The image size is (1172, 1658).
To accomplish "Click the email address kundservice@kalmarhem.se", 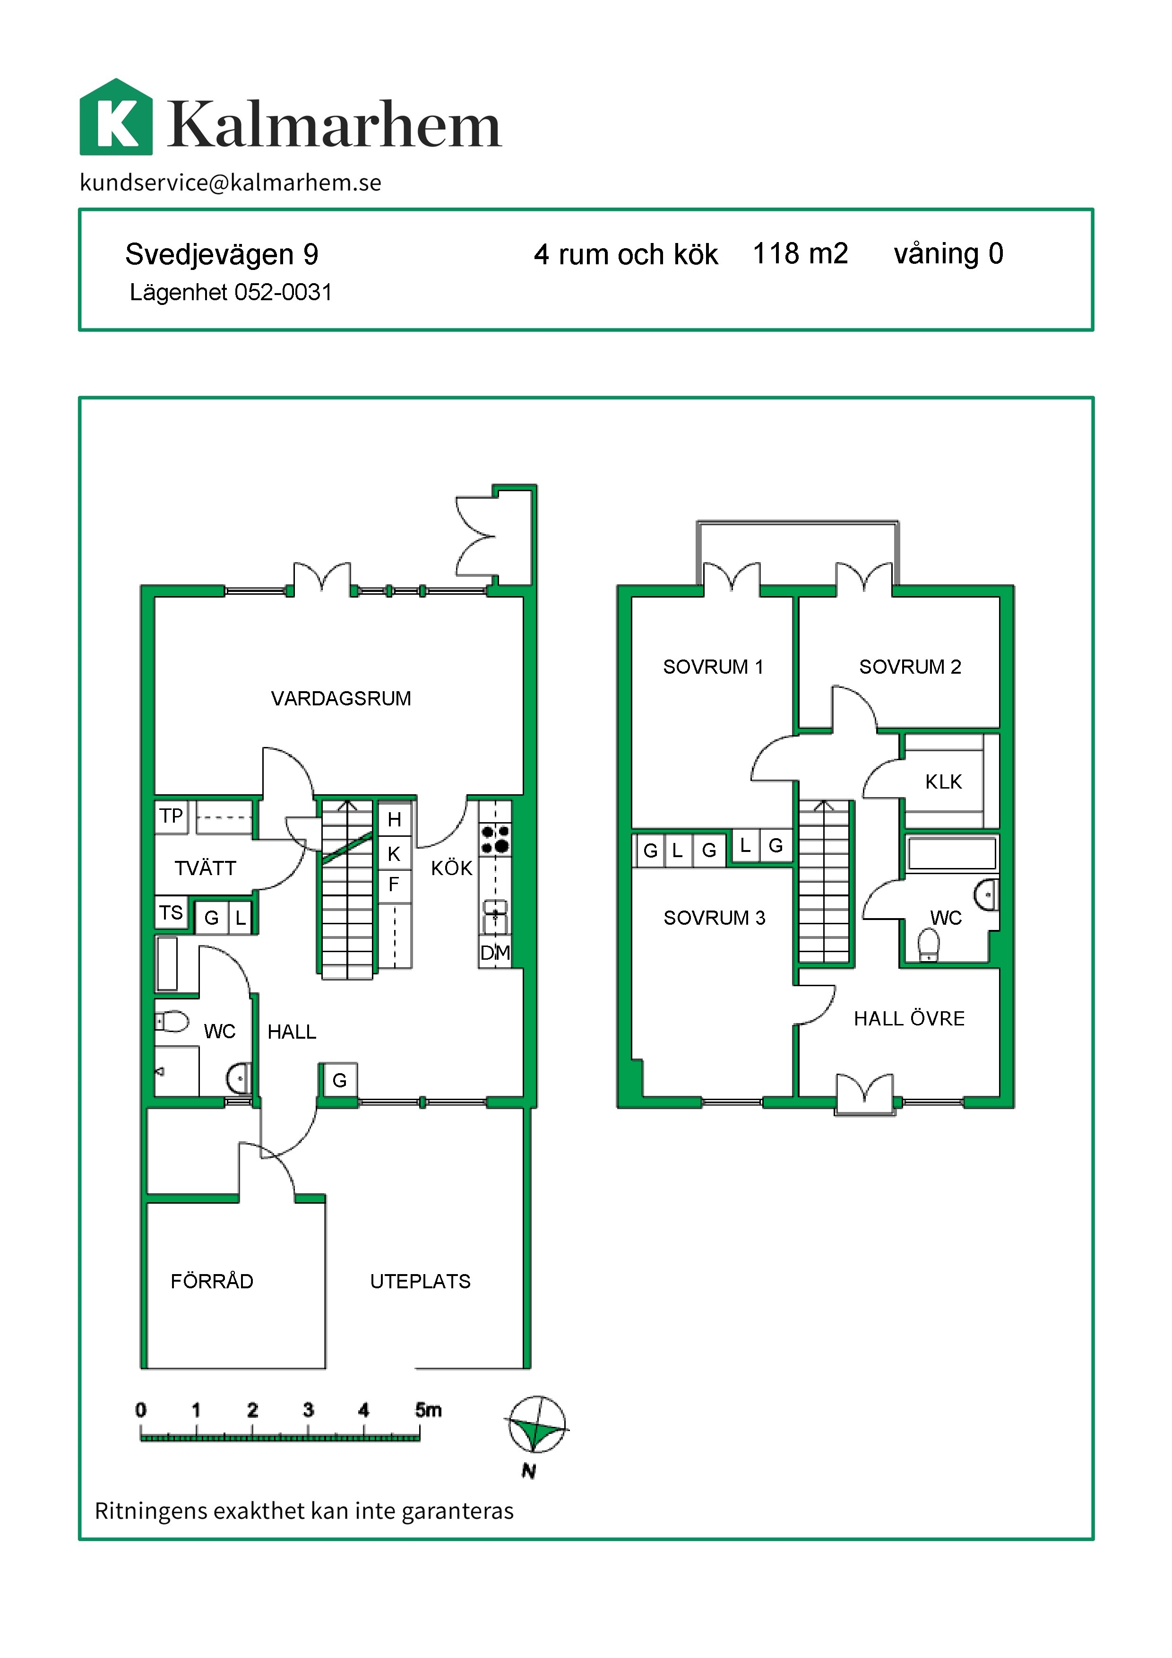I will (230, 182).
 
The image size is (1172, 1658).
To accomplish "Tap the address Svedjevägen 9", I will (222, 254).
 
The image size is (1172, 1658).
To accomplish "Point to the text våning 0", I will (948, 253).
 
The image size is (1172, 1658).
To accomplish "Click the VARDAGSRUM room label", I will (341, 698).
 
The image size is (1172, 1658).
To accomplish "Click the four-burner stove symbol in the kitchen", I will (495, 839).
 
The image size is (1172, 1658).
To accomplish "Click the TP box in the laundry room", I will (171, 816).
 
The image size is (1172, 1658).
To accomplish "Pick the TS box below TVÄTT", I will (171, 913).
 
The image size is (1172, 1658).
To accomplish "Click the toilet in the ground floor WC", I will (172, 1021).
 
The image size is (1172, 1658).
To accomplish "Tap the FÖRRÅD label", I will (211, 1281).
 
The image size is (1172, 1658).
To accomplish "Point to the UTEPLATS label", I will (420, 1281).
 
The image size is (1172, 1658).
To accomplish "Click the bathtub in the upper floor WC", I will (951, 853).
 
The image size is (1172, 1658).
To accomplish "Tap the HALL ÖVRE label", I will (909, 1018).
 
